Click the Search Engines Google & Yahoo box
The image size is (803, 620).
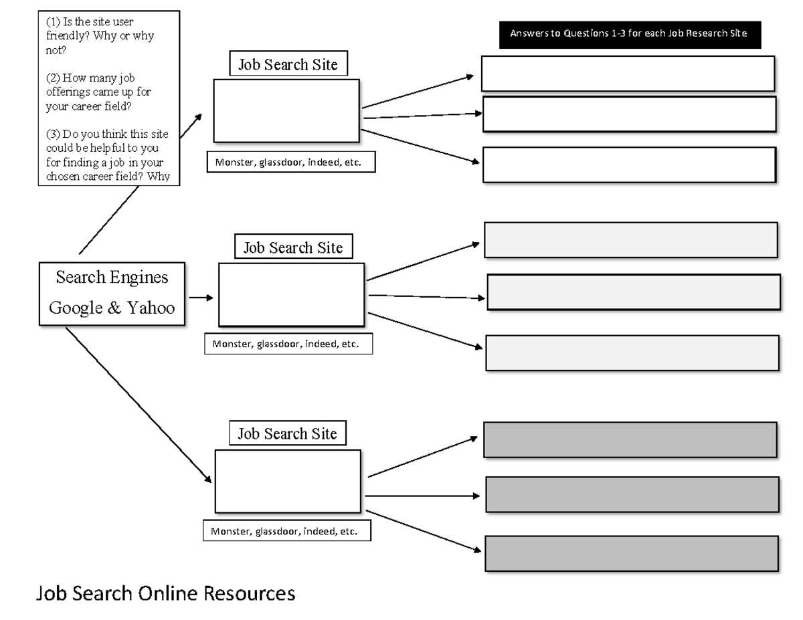(x=112, y=293)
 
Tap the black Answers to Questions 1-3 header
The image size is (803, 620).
(x=630, y=33)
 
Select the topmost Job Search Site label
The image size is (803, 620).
(x=288, y=65)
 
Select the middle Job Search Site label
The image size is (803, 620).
(x=293, y=247)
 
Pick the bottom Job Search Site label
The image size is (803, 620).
(x=288, y=433)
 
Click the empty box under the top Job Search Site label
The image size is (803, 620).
(x=286, y=110)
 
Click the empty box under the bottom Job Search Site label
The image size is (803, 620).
(x=288, y=481)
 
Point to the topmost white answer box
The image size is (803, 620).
(x=628, y=73)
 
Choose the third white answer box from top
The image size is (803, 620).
(x=629, y=165)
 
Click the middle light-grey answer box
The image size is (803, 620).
(x=633, y=292)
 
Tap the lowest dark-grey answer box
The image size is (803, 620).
(x=631, y=553)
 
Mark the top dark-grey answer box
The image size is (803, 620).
(x=630, y=439)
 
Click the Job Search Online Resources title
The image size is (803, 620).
(x=165, y=593)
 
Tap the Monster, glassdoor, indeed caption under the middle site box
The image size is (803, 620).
(x=287, y=344)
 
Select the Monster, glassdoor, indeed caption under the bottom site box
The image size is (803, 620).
(x=286, y=532)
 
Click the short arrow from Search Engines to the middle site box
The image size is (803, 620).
(x=201, y=297)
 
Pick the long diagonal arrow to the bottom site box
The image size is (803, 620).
(x=137, y=403)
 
